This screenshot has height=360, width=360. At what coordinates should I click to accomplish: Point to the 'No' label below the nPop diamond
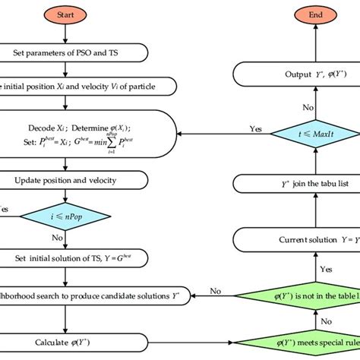(x=56, y=237)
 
